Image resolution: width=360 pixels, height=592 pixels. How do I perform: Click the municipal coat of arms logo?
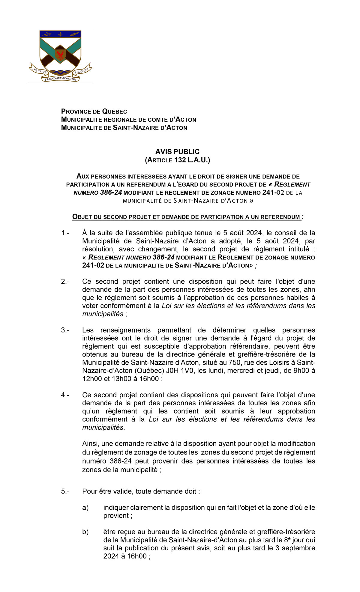tap(60, 56)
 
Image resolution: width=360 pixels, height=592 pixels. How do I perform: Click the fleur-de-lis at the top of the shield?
tap(60, 34)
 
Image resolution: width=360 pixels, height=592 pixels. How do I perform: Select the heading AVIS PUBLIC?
tap(177, 152)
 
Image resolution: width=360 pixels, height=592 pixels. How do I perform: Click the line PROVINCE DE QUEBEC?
tap(94, 112)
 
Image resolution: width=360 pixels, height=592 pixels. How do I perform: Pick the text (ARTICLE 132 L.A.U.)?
tap(177, 160)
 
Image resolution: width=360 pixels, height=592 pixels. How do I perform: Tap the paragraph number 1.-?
tap(65, 233)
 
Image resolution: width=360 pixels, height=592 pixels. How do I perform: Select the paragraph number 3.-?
tap(65, 330)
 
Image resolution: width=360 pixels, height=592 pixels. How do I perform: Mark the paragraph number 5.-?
tap(65, 491)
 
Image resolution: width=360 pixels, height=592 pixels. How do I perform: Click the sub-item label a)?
tap(85, 508)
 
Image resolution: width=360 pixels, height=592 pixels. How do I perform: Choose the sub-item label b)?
tap(85, 532)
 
